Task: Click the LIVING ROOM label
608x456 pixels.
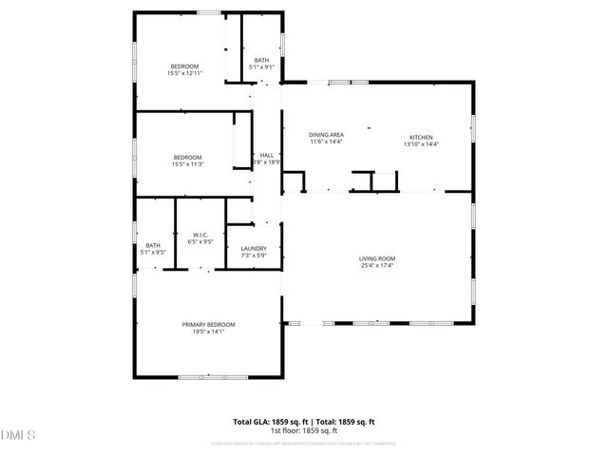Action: pyautogui.click(x=376, y=258)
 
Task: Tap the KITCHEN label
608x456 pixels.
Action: pyautogui.click(x=421, y=136)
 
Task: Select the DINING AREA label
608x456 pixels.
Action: pyautogui.click(x=326, y=136)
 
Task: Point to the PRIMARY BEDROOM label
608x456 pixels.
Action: pyautogui.click(x=208, y=324)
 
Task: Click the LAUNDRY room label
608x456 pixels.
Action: pyautogui.click(x=254, y=249)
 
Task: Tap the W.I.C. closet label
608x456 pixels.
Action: pyautogui.click(x=200, y=235)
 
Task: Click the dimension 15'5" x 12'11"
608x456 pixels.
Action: pyautogui.click(x=184, y=72)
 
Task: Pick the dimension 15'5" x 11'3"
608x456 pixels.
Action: pyautogui.click(x=187, y=164)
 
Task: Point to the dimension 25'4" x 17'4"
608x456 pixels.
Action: pyautogui.click(x=376, y=265)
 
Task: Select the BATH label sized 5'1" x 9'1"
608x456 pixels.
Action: pyautogui.click(x=261, y=61)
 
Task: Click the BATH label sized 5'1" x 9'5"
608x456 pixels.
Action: pyautogui.click(x=152, y=246)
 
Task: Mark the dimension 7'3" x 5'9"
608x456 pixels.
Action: pyautogui.click(x=254, y=256)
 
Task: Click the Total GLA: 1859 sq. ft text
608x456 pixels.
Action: pyautogui.click(x=267, y=422)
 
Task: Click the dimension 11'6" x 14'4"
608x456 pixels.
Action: pyautogui.click(x=326, y=142)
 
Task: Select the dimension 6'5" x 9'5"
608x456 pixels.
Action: pyautogui.click(x=200, y=241)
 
